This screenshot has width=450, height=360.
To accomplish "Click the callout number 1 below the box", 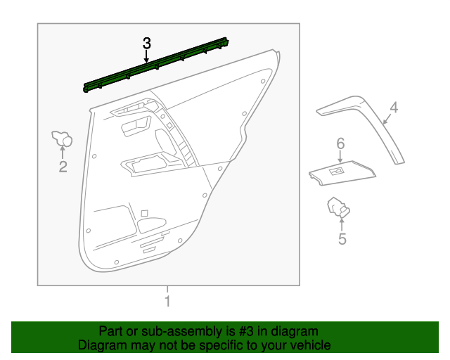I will (x=167, y=302).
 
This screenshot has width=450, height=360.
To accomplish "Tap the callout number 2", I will (x=63, y=167).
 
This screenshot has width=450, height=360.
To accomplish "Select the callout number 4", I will (x=394, y=108).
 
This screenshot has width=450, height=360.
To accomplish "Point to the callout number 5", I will (x=342, y=239).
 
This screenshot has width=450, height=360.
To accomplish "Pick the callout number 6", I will (x=340, y=144).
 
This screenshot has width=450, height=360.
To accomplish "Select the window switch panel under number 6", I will (x=341, y=172).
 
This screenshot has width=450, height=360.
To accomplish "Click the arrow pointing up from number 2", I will (x=63, y=153).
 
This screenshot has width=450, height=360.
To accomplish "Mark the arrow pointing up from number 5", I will (x=342, y=224).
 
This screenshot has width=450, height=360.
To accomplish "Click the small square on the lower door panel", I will (x=144, y=213).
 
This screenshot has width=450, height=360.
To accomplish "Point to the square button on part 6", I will (x=338, y=170).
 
